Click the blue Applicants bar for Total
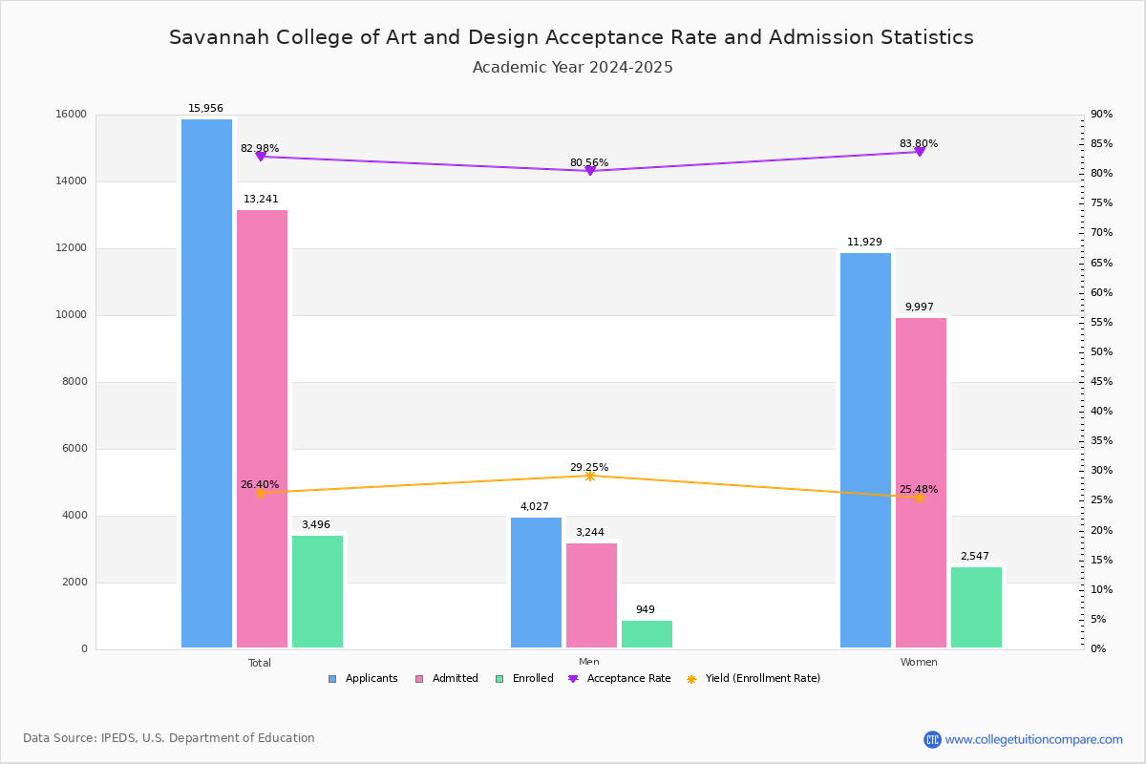(206, 382)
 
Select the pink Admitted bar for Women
(921, 482)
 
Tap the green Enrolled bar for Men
(647, 634)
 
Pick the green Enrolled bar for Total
(317, 591)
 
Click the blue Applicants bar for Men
(536, 582)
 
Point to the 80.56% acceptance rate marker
(589, 171)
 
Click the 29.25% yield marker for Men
(589, 476)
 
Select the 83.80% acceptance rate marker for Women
(919, 152)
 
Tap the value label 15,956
(205, 109)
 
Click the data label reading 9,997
(919, 308)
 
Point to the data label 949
(645, 610)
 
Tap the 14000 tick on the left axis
(72, 181)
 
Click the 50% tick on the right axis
(1101, 352)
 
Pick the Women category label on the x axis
(919, 663)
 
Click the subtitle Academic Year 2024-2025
(572, 68)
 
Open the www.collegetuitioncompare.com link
(1033, 739)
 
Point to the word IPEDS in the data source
(119, 738)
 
